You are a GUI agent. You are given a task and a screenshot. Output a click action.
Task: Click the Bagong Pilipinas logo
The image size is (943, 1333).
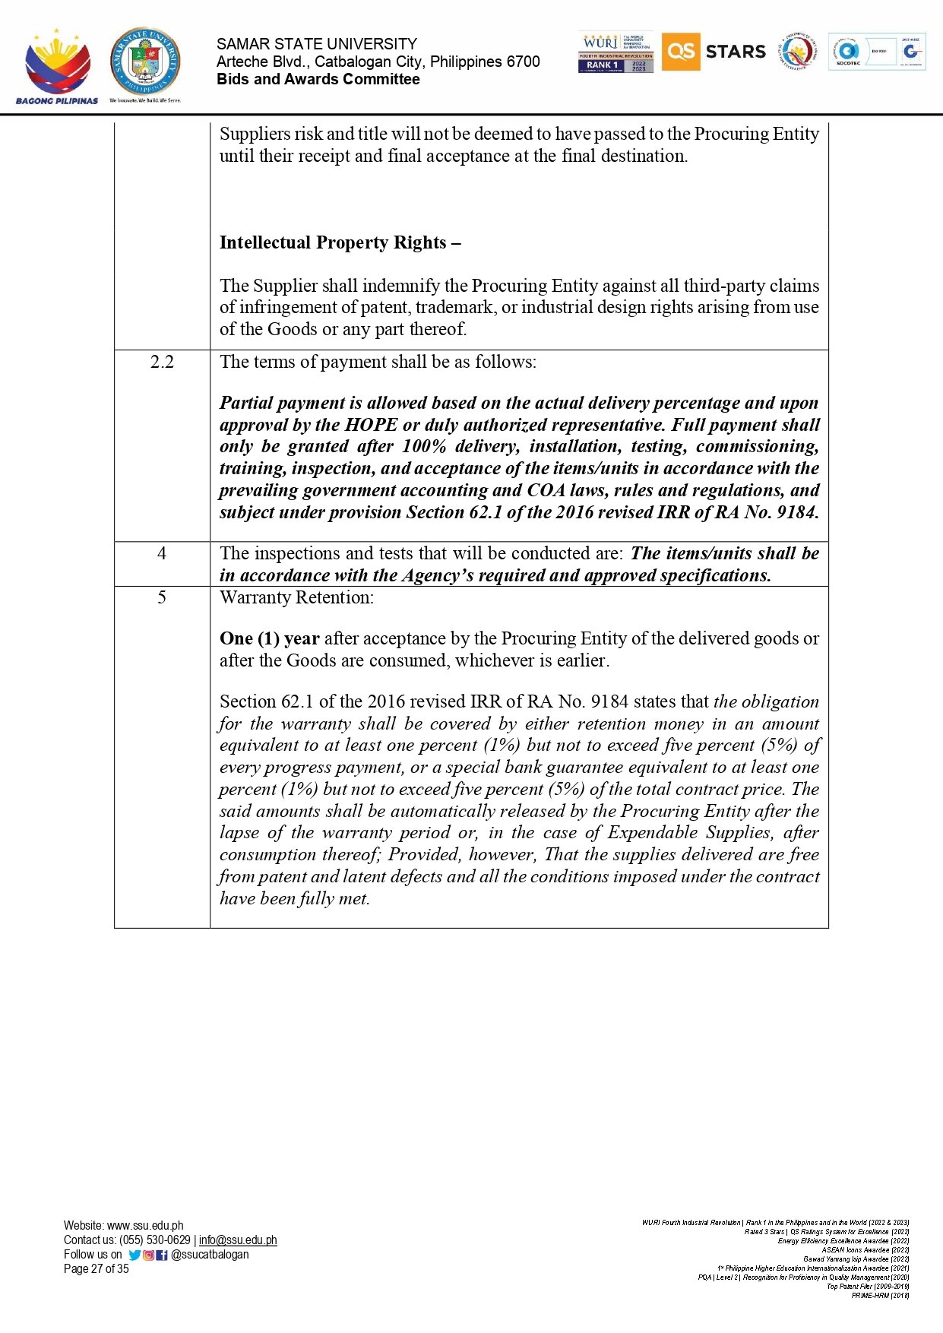click(57, 66)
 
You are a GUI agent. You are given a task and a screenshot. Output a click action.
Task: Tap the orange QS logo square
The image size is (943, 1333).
click(680, 52)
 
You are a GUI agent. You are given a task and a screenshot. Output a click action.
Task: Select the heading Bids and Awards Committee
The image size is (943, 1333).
click(318, 80)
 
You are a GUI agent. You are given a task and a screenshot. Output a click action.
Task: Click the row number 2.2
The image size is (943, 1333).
click(162, 362)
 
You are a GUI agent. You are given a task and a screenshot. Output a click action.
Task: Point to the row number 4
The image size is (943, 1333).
click(162, 553)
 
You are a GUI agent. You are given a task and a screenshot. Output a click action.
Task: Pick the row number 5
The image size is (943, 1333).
click(162, 597)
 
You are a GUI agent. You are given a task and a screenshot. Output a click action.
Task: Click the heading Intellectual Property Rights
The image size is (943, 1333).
click(340, 242)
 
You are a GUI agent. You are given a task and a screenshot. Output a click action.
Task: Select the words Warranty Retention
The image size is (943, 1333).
click(296, 597)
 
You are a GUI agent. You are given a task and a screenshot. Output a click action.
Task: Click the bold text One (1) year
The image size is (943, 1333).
click(269, 638)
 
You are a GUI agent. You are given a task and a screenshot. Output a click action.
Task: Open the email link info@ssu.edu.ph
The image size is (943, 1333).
click(238, 1240)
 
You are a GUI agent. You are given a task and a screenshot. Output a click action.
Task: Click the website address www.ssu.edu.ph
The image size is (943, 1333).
click(145, 1225)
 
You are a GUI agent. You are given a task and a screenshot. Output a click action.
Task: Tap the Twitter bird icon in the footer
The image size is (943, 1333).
click(134, 1255)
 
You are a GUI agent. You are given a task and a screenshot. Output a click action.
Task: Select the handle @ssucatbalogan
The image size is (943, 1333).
click(210, 1255)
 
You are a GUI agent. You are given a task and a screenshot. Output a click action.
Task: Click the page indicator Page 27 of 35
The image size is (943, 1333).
click(97, 1269)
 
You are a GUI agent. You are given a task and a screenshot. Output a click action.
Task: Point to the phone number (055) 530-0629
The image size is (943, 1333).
click(155, 1240)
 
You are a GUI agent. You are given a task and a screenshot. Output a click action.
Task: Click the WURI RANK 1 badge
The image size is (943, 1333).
click(615, 52)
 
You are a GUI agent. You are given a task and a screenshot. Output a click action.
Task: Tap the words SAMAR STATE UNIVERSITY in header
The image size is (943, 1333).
click(317, 44)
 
